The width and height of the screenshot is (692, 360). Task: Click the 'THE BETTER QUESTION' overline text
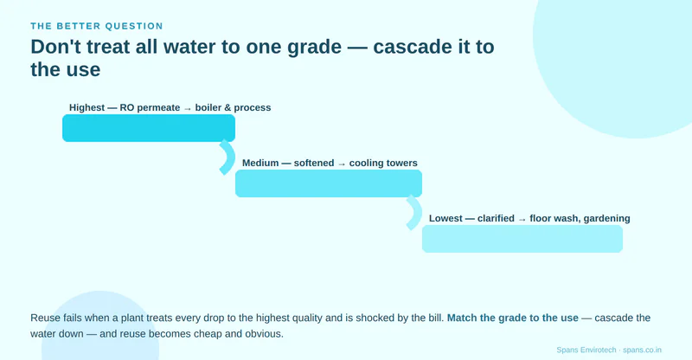click(97, 26)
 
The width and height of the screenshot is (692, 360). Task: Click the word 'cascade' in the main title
click(412, 47)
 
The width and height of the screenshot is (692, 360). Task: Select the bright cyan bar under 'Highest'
click(149, 128)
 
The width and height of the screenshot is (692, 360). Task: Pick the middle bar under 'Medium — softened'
click(329, 183)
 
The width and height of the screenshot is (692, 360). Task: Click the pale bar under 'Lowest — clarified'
click(522, 239)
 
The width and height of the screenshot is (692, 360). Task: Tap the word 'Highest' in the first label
click(87, 108)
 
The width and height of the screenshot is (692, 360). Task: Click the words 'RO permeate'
click(150, 108)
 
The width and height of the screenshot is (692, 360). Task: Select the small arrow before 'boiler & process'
click(188, 109)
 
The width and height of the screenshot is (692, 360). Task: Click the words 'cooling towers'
click(383, 163)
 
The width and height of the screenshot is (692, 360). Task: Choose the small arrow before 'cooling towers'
click(342, 164)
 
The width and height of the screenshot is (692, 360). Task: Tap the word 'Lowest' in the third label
click(445, 218)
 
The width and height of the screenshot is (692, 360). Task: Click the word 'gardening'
click(606, 218)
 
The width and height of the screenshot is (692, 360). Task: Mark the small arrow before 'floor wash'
click(522, 219)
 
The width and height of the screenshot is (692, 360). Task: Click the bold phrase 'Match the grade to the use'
click(512, 318)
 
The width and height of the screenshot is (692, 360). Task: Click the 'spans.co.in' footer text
click(642, 350)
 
